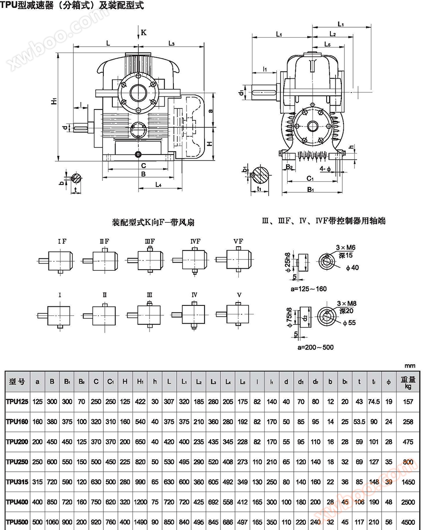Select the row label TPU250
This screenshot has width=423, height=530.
click(17, 462)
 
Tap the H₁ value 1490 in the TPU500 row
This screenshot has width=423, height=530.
click(140, 522)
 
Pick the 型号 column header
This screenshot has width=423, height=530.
click(17, 381)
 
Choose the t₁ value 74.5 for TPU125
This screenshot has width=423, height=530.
click(374, 401)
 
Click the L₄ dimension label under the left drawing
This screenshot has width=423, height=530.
click(158, 185)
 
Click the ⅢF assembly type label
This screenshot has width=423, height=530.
click(149, 242)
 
